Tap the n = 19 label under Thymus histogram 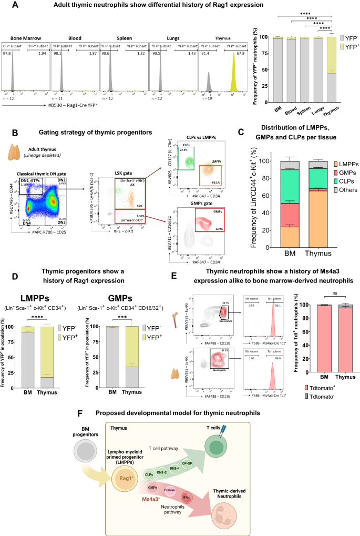[x=206, y=84]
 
